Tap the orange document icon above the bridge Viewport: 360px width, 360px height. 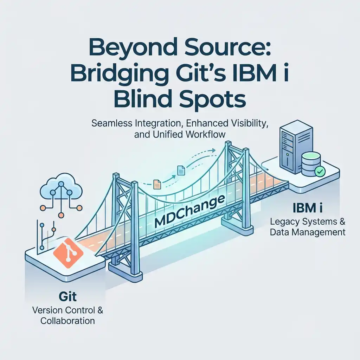pos(157,183)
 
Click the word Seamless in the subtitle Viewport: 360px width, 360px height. pos(110,124)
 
